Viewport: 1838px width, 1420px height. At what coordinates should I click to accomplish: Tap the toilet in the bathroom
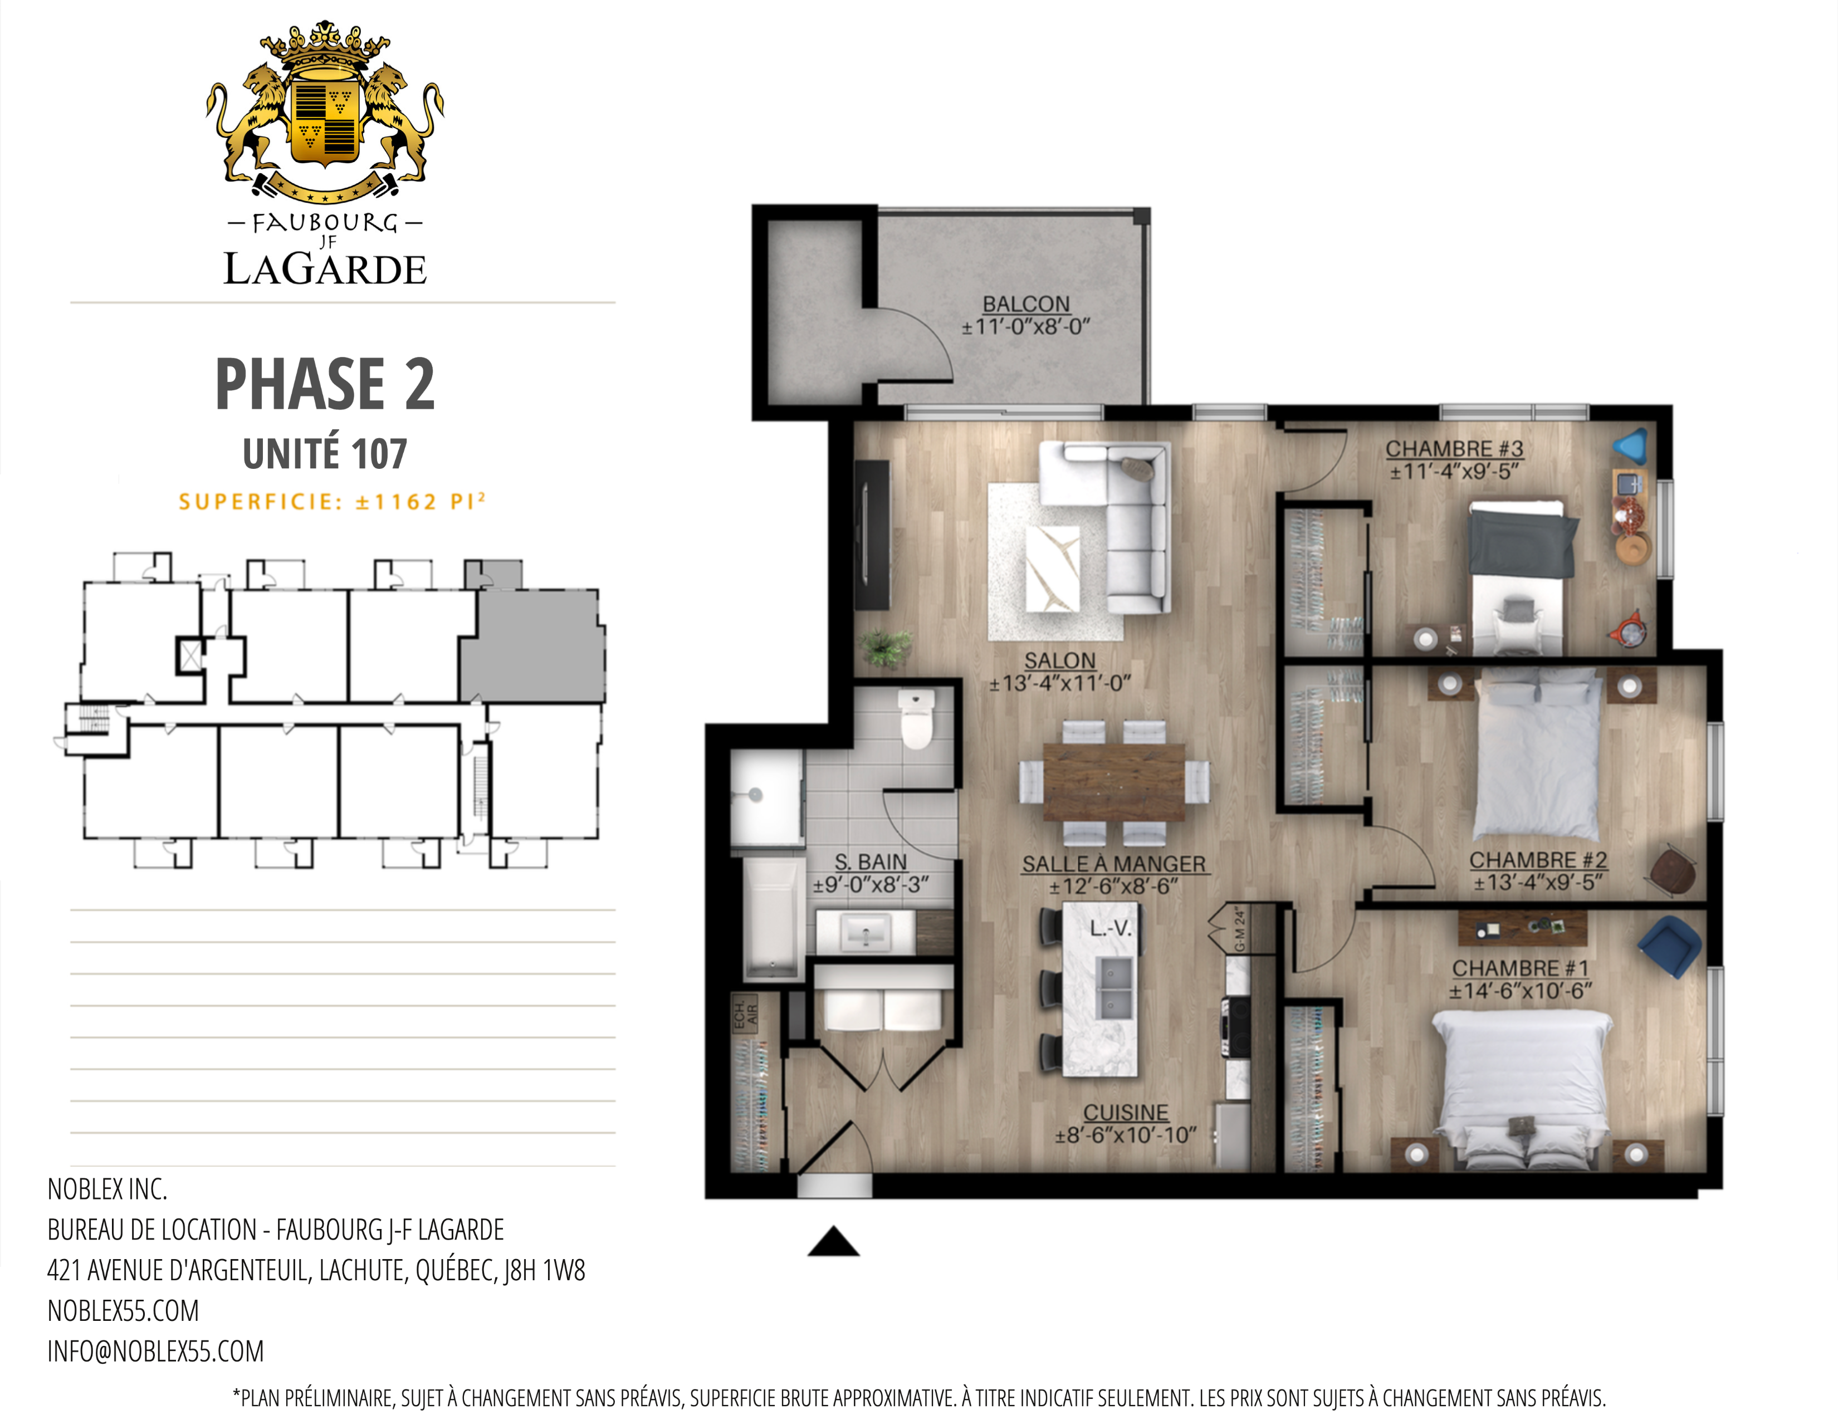916,718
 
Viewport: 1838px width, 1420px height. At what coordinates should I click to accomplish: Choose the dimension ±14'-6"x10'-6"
1520,991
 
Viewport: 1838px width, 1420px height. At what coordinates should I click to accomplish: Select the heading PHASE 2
325,384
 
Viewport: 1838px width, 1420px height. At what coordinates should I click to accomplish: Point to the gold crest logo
325,112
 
